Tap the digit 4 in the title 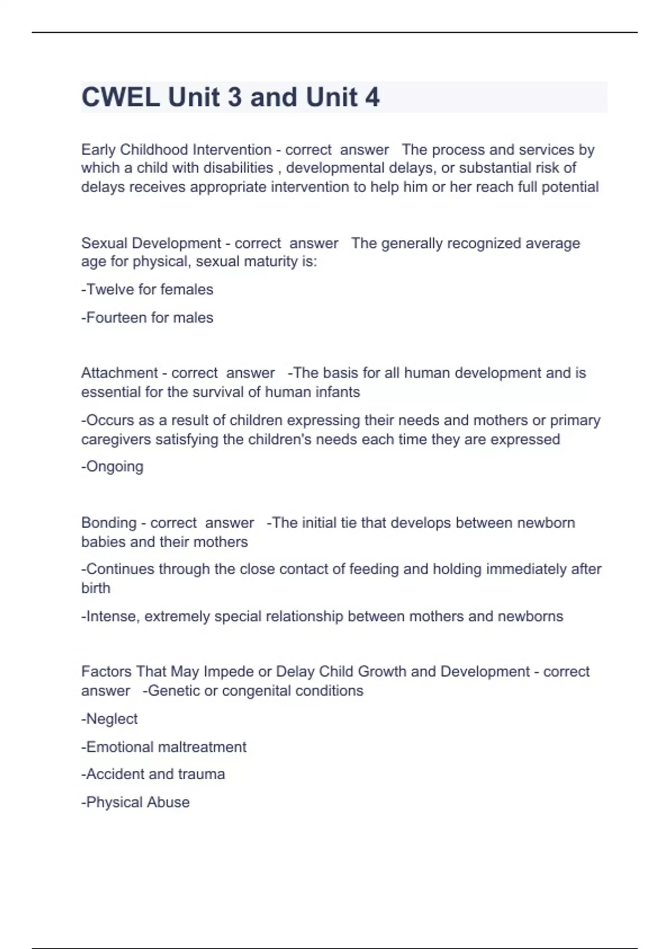(x=372, y=97)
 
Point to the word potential (x=569, y=186)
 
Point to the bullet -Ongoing (x=112, y=467)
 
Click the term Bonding (x=109, y=523)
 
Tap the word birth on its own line (x=95, y=588)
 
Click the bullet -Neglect (x=109, y=719)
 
